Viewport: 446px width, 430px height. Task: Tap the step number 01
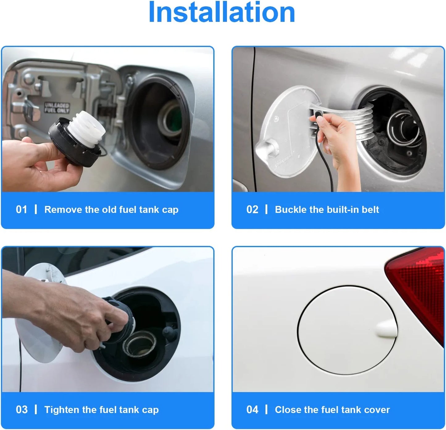(x=22, y=209)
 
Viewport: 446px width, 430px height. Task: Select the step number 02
(x=252, y=209)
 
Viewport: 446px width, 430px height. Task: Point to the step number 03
(x=22, y=410)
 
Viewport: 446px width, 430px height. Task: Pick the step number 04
(x=252, y=410)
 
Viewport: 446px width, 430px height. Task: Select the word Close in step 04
(x=287, y=410)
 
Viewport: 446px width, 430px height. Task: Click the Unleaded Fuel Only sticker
(x=57, y=108)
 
